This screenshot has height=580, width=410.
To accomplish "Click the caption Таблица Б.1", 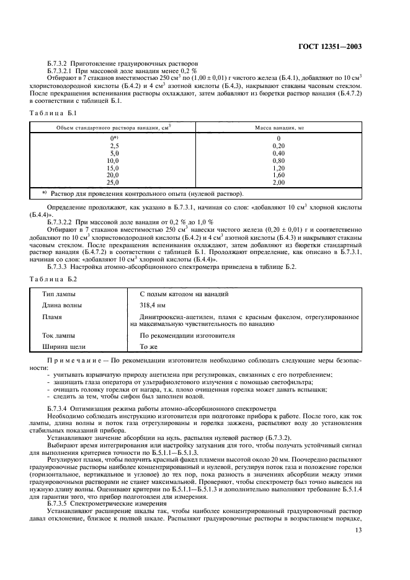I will click(53, 113).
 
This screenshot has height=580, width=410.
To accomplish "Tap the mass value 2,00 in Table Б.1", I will click(279, 183).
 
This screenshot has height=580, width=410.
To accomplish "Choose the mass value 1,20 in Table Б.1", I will click(279, 167).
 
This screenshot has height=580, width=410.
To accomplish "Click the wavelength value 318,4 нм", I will click(153, 305).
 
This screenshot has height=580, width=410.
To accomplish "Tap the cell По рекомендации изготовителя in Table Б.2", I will click(187, 335).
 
